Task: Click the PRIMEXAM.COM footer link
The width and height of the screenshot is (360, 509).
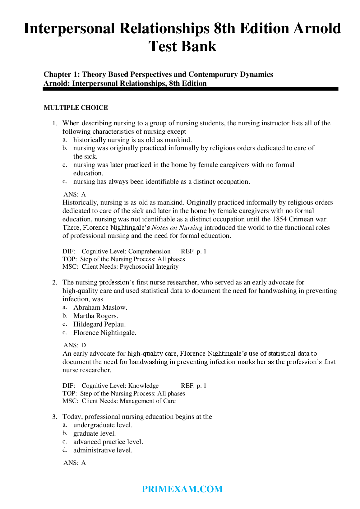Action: [x=182, y=489]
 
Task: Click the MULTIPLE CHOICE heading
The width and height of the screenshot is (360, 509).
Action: [x=76, y=108]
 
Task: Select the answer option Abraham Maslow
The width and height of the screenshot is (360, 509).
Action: [x=100, y=308]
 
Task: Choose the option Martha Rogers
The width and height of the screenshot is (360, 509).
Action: [x=95, y=316]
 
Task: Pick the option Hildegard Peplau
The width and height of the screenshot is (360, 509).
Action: [x=99, y=324]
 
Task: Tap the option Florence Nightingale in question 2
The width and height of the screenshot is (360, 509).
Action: [x=105, y=333]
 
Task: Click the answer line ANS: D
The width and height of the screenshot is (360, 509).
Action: [x=75, y=345]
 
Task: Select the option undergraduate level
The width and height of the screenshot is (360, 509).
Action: [x=103, y=425]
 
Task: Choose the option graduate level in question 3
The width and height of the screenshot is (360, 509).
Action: [x=95, y=433]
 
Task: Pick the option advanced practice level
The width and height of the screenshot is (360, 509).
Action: [x=108, y=442]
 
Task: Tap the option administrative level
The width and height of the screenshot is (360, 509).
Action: [x=103, y=450]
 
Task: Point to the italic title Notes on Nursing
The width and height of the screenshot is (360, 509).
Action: [x=177, y=228]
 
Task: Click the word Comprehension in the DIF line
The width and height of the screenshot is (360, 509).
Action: [x=149, y=251]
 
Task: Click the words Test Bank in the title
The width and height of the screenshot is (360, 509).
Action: [x=182, y=46]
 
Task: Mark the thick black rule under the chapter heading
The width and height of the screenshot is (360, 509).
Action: [x=190, y=89]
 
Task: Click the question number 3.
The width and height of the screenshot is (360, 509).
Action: [x=54, y=417]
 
